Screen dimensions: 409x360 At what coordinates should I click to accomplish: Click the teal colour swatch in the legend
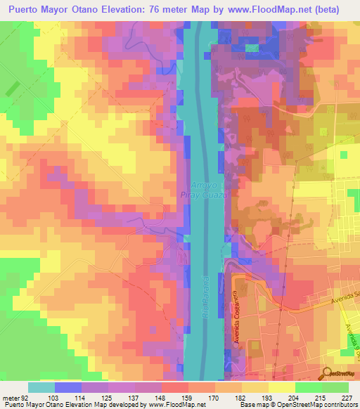click(41, 387)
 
